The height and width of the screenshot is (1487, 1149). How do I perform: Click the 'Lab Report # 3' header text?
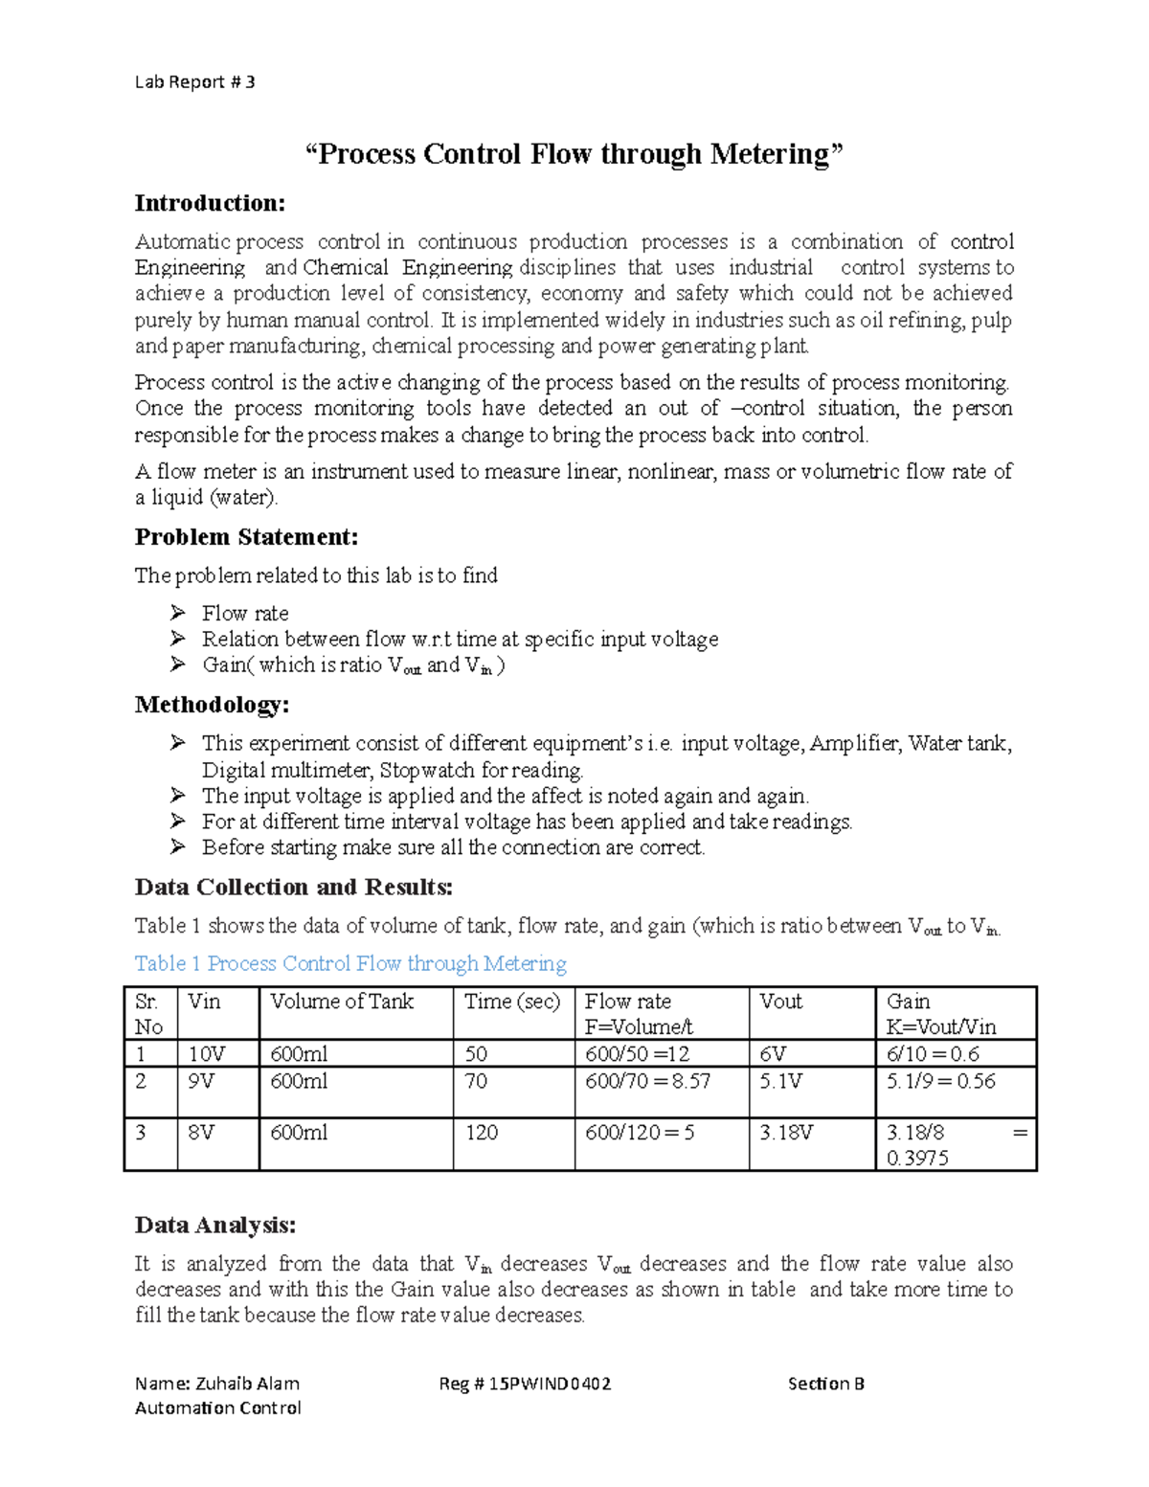click(x=194, y=82)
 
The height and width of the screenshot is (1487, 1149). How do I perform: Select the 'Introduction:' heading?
click(x=210, y=203)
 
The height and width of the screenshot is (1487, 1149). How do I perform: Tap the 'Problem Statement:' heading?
click(x=246, y=537)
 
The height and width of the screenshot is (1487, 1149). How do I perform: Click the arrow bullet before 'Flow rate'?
click(x=177, y=613)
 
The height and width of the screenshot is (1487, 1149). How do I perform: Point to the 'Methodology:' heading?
click(x=212, y=706)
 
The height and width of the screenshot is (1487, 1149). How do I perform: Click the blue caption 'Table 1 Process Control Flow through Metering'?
click(x=350, y=963)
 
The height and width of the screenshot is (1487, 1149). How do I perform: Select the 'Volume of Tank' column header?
click(x=342, y=1002)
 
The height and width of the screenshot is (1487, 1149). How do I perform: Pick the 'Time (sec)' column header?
click(x=511, y=1002)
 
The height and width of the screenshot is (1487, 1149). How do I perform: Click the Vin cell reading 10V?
click(x=206, y=1054)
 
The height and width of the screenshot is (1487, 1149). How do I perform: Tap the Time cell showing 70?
click(x=476, y=1081)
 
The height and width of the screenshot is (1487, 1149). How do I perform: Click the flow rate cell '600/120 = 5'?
click(x=640, y=1133)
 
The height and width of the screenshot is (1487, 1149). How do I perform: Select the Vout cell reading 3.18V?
click(x=786, y=1133)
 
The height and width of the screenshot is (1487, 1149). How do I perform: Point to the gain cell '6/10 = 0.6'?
click(x=933, y=1054)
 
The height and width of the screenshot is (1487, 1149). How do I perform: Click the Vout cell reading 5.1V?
click(x=780, y=1081)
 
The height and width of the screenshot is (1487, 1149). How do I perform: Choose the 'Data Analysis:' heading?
click(x=215, y=1226)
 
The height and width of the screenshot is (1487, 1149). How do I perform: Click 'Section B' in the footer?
click(x=825, y=1384)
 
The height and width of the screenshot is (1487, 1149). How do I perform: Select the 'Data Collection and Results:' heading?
click(x=293, y=888)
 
